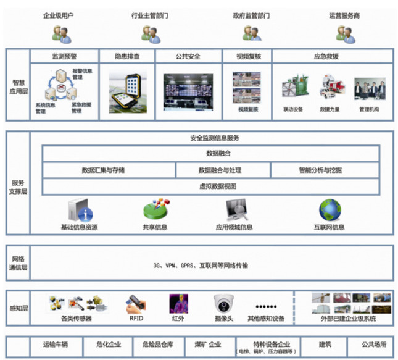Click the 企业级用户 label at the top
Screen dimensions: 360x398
click(x=59, y=15)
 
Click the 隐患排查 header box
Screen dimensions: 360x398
click(x=127, y=56)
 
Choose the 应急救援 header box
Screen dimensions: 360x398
click(x=333, y=56)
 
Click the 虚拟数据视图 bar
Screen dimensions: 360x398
click(x=210, y=186)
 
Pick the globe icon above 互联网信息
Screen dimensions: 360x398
click(x=330, y=211)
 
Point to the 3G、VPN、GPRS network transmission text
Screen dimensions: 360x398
click(x=201, y=266)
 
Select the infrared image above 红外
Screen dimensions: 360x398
click(x=178, y=304)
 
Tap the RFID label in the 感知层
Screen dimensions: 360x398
click(x=136, y=319)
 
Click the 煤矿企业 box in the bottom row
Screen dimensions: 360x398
click(x=206, y=345)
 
